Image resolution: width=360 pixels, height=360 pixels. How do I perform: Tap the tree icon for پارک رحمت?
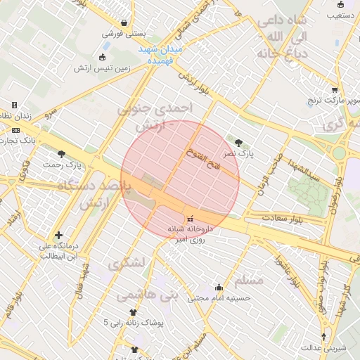[62, 154]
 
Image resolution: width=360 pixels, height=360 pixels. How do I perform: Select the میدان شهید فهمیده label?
[161, 55]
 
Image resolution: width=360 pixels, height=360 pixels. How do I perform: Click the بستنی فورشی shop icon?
[124, 22]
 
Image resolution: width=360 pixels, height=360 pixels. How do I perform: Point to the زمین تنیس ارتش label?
[104, 69]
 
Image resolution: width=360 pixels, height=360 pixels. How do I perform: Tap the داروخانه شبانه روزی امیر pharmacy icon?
[189, 220]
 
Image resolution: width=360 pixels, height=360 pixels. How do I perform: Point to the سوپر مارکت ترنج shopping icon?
[335, 90]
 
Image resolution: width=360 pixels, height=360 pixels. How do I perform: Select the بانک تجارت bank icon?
[16, 130]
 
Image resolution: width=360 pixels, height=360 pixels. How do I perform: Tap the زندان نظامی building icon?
[14, 105]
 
